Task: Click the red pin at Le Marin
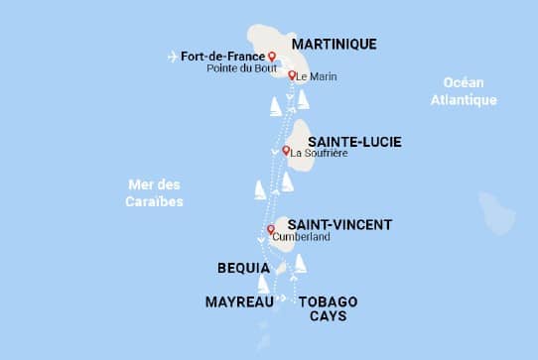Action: (291, 75)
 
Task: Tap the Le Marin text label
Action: (316, 76)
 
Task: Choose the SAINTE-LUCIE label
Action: (354, 142)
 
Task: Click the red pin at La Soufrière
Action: (286, 151)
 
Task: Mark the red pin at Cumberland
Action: (270, 230)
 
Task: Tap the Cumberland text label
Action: (302, 239)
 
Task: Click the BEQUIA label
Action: (243, 268)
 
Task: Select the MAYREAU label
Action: (238, 300)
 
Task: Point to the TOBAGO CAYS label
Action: (328, 308)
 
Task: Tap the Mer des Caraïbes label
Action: (156, 192)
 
